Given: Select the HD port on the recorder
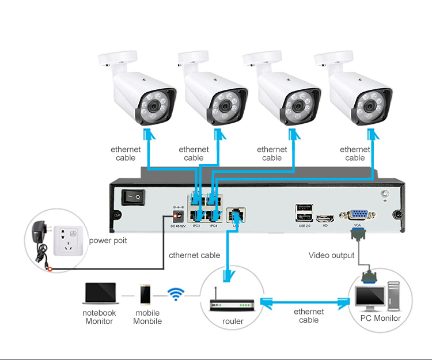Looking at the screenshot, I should click(325, 218).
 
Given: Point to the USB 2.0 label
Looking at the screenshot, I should click(304, 225).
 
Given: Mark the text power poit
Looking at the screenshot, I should click(108, 240).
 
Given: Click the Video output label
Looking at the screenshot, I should click(332, 255).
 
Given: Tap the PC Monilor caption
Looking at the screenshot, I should click(380, 318).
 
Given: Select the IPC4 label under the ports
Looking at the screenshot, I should click(213, 225).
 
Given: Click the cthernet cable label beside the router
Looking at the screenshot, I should click(195, 255).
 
